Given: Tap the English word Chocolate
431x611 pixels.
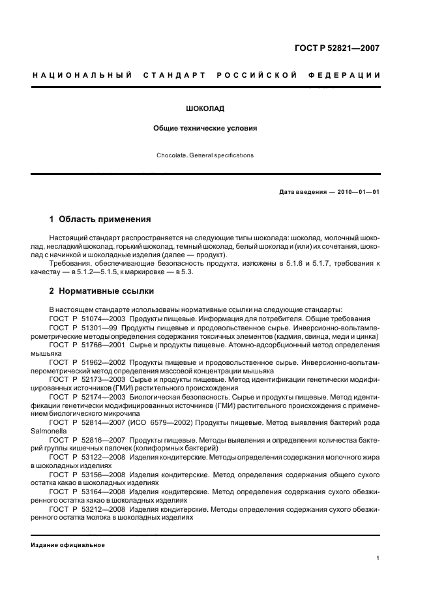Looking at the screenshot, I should [171, 156].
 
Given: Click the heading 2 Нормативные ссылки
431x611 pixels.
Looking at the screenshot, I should [102, 291].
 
